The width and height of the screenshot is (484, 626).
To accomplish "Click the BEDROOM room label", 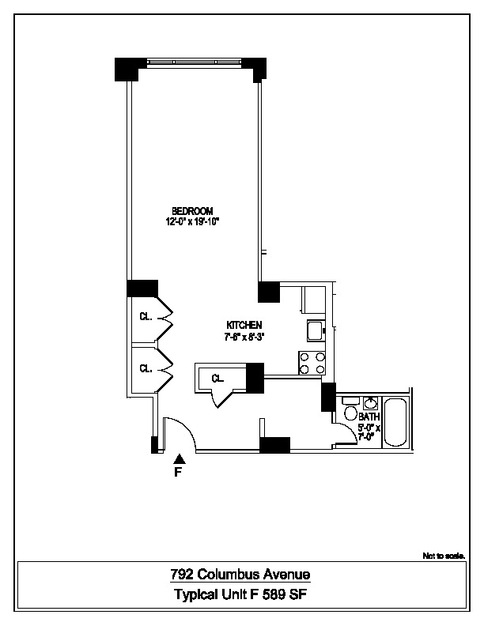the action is (192, 210).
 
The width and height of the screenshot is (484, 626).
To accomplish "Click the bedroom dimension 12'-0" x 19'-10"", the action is (192, 222).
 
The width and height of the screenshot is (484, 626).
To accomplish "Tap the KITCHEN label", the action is (244, 326).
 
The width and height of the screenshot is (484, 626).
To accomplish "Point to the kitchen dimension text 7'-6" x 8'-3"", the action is (244, 337).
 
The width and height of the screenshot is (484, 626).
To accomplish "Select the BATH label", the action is (369, 417).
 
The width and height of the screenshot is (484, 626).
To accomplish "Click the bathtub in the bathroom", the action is (395, 423).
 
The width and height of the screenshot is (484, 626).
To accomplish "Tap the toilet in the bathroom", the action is (350, 413).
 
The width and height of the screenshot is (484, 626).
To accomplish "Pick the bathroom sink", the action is (369, 401).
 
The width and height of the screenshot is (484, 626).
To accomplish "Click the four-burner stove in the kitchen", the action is (312, 363).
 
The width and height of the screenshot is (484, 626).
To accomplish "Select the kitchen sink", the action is (314, 330).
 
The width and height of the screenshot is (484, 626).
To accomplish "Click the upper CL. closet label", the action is (146, 317).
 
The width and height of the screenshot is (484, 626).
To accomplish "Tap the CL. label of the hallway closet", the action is (217, 379).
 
